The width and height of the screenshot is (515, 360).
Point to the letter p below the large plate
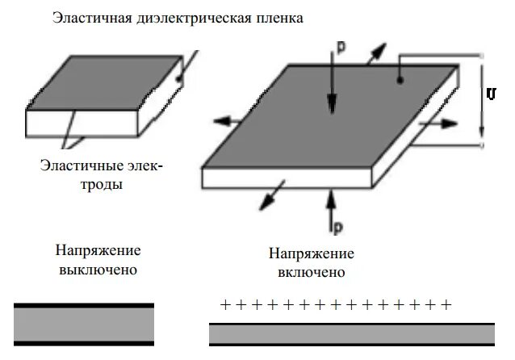tap(338, 220)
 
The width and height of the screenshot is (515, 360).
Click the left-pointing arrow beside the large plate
tap(230, 121)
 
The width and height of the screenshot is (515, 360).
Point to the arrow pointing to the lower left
tap(275, 193)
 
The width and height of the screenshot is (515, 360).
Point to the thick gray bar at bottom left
tap(84, 324)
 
